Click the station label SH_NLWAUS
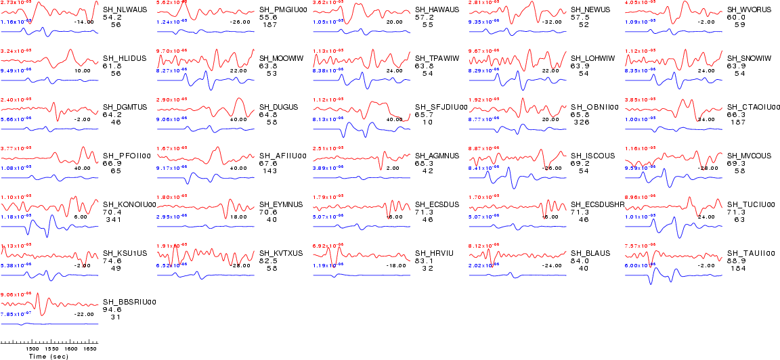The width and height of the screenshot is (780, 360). [x=125, y=10]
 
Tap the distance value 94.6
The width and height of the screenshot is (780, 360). [x=112, y=310]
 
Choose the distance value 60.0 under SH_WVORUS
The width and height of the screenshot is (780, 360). [x=736, y=18]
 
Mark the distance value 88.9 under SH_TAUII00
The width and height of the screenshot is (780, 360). [x=736, y=261]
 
